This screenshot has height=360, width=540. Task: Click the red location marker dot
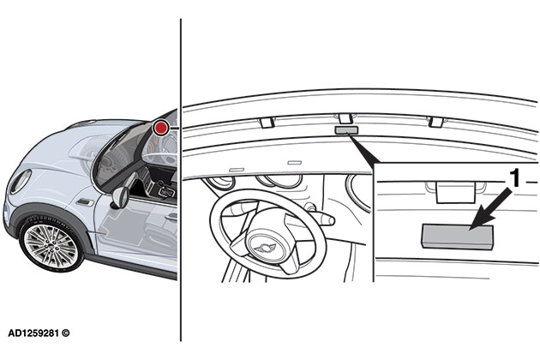pos(161,128)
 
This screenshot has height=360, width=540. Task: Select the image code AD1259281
pos(34,333)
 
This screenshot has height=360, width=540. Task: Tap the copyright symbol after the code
pos(66,333)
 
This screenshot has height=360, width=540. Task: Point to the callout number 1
pos(514,178)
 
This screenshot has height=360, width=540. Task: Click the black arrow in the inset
pos(491,209)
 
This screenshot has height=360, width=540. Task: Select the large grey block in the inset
pos(458,237)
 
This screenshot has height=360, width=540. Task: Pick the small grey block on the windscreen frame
pos(346,130)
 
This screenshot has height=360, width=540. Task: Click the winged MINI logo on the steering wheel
pos(265,248)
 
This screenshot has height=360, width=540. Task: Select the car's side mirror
pos(119,198)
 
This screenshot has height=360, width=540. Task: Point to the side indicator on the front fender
pos(85,202)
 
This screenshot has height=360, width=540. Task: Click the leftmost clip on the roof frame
pos(267,123)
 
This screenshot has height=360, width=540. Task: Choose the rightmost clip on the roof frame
pos(435,122)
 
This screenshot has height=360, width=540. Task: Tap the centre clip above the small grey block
pos(345,119)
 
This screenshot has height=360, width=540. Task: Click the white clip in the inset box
pos(456,192)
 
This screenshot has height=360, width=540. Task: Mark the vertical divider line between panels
pos(181,179)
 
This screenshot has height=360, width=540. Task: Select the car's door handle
pos(171,217)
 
